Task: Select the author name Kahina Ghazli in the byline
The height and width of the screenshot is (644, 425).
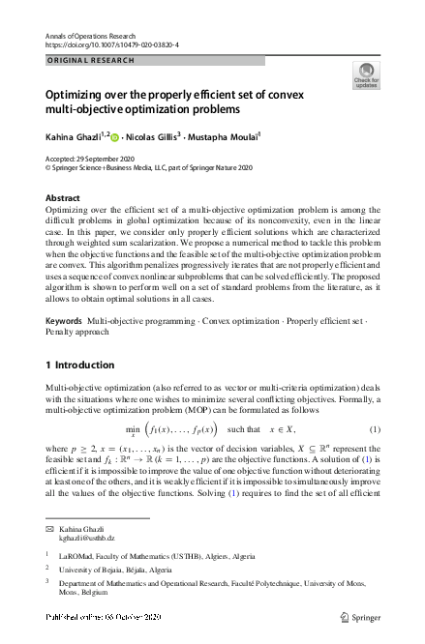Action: [x=74, y=137]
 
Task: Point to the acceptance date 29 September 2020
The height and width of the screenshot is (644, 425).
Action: [x=113, y=157]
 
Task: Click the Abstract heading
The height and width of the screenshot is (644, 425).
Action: [x=63, y=197]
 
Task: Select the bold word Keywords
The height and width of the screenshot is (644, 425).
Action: [x=63, y=292]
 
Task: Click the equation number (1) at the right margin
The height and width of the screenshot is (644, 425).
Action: [x=375, y=401]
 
